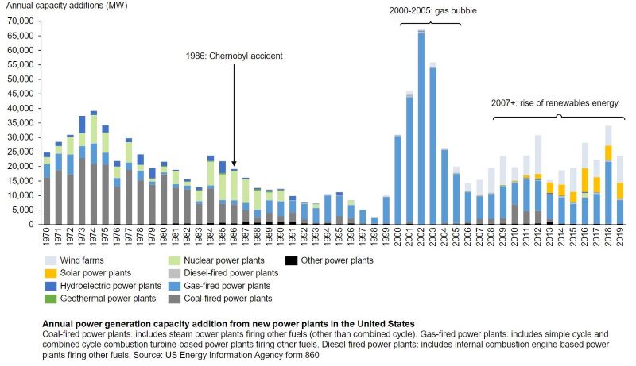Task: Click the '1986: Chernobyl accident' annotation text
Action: point(231,56)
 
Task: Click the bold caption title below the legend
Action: point(227,324)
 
